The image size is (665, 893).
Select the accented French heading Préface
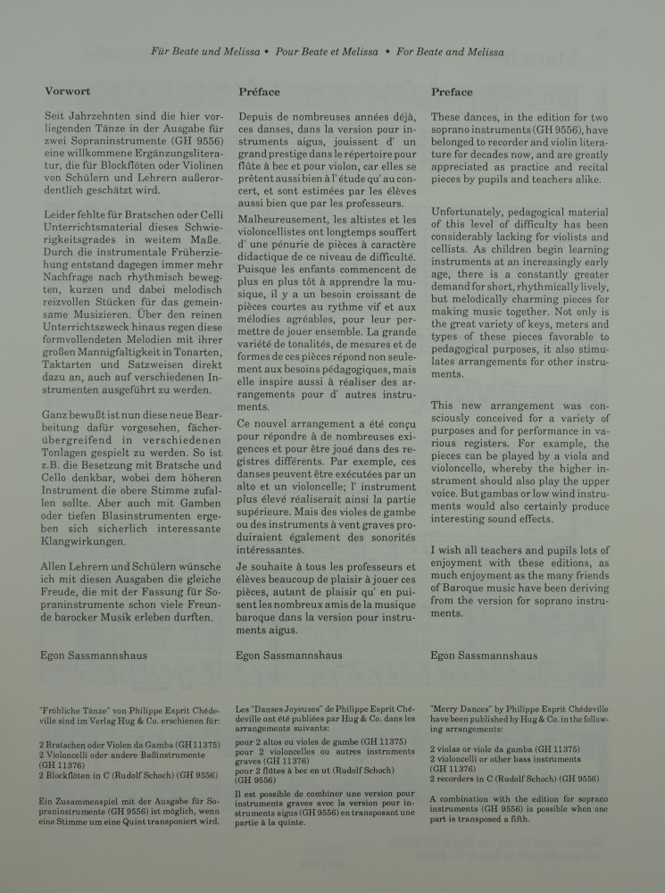click(x=260, y=91)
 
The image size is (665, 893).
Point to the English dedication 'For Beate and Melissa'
click(x=448, y=53)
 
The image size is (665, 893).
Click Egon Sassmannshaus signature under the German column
click(x=97, y=654)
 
